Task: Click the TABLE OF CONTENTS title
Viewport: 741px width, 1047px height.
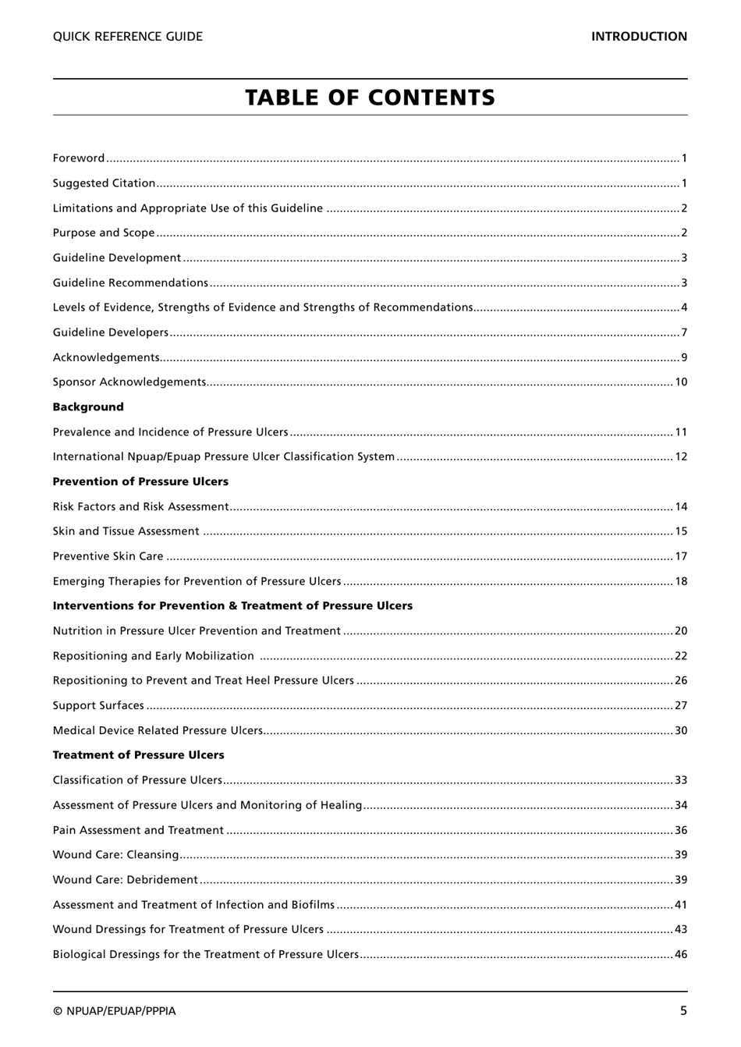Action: [370, 98]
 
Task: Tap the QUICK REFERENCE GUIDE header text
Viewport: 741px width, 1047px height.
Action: [127, 37]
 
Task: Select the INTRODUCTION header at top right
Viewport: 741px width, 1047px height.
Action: [638, 37]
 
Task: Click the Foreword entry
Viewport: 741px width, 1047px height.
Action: [79, 158]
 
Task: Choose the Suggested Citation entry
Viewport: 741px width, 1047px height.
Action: [104, 183]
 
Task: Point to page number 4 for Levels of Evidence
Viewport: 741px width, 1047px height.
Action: [683, 307]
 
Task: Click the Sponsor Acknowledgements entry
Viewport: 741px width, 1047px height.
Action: [129, 382]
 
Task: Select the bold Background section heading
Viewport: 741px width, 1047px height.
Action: [88, 407]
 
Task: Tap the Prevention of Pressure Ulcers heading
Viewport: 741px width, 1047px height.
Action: [140, 481]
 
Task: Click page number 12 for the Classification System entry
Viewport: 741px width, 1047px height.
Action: [681, 457]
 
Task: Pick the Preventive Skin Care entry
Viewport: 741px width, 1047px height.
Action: [108, 556]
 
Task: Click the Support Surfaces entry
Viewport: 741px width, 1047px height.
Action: [98, 706]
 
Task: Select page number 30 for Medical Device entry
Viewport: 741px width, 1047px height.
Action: [681, 731]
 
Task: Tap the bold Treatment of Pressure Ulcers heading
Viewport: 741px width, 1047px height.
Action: [138, 755]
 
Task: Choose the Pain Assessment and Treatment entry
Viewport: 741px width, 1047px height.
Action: [138, 830]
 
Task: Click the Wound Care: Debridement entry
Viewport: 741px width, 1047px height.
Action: [126, 880]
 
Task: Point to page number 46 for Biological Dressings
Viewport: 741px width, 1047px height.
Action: [681, 954]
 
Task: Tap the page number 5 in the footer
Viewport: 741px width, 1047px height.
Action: [683, 1011]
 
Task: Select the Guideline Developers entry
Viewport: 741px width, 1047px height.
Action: [111, 332]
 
